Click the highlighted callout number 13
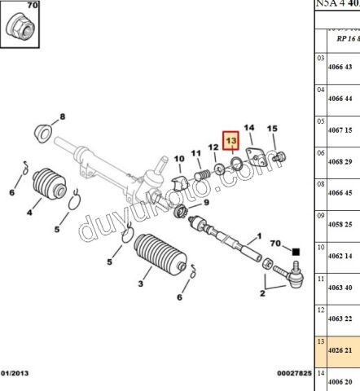[230, 141]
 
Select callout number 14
[250, 128]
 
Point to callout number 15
[273, 129]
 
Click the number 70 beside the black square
[275, 243]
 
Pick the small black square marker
[296, 252]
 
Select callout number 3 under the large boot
[140, 283]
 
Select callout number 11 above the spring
[195, 154]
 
